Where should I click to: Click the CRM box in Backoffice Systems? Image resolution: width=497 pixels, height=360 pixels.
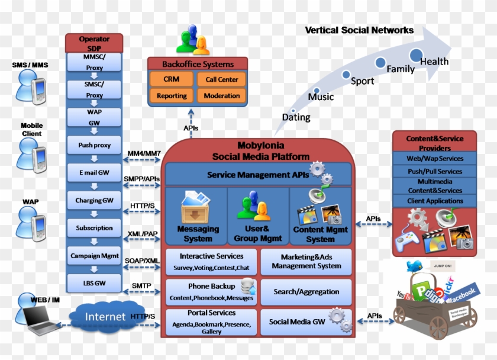pos(171,79)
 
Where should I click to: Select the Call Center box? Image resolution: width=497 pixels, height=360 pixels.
pos(221,79)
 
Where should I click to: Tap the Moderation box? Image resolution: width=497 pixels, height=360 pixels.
pos(221,95)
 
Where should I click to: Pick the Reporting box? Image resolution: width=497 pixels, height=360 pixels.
pos(172,95)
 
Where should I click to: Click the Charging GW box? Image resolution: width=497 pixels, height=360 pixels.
pos(94,201)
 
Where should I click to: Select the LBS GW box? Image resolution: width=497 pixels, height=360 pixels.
pos(94,284)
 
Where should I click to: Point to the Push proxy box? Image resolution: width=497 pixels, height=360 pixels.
pos(94,145)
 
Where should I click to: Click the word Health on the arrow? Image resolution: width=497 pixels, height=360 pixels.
pos(434,62)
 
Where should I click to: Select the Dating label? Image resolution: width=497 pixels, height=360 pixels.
pos(296,117)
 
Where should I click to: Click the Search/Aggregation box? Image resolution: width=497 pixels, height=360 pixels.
pos(306,292)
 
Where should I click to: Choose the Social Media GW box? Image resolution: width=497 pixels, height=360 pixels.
pos(297,322)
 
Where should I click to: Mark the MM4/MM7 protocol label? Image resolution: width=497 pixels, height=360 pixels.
pos(143,154)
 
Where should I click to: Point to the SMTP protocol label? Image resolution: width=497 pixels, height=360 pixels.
pos(142,286)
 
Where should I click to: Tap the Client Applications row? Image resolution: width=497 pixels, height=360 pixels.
pos(435,201)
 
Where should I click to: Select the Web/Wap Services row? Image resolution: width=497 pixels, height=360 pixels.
pos(435,159)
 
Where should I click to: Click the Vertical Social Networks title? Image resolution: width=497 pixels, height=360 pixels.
pos(359,30)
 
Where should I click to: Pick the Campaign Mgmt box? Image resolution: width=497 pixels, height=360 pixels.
pos(94,256)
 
